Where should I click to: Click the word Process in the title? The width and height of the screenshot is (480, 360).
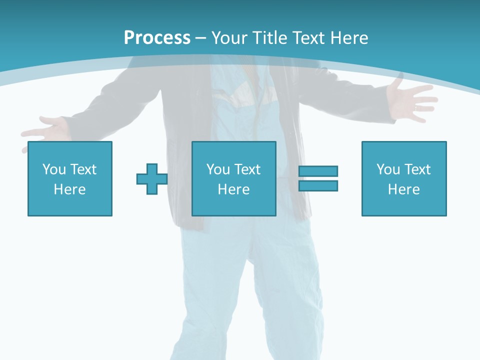[x=157, y=38]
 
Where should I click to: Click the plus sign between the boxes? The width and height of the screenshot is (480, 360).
[x=152, y=179]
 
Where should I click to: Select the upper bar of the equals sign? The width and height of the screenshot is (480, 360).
[x=318, y=171]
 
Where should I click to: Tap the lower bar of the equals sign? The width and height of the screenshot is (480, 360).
[x=318, y=185]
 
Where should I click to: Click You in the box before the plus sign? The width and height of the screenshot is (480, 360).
[x=54, y=169]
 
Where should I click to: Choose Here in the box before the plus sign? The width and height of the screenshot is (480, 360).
[x=69, y=189]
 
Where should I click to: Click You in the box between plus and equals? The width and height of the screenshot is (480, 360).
[x=218, y=169]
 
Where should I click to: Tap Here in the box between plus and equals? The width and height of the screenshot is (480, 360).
[x=233, y=189]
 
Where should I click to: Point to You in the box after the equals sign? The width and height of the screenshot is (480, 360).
[x=388, y=169]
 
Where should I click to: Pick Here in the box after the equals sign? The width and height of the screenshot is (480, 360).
[x=403, y=189]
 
